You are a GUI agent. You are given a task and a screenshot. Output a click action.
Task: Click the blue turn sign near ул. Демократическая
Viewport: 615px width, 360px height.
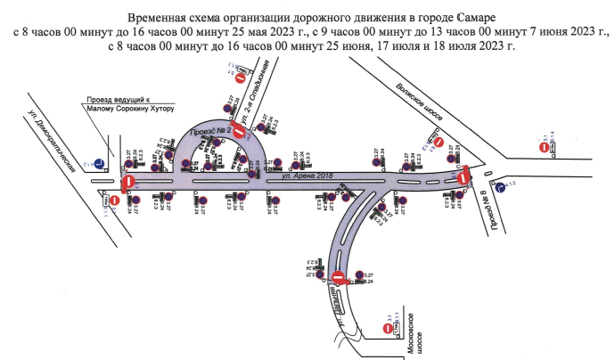click(x=102, y=163)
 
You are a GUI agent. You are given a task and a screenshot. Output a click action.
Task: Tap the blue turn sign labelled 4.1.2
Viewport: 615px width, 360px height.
click(x=501, y=186)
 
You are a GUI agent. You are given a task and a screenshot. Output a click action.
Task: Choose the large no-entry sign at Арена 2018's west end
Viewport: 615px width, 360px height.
click(x=128, y=183)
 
